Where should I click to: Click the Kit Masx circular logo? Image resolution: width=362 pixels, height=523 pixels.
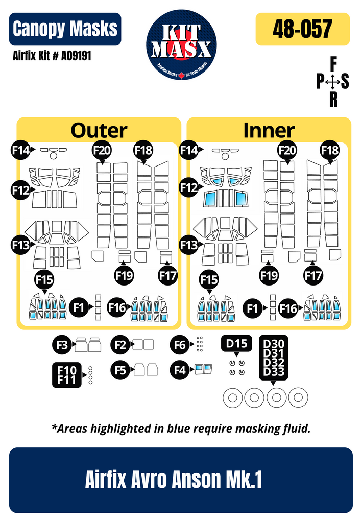point(181,45)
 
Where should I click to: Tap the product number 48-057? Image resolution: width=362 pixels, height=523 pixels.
point(302,29)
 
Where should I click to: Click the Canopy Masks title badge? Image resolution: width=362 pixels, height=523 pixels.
point(65,29)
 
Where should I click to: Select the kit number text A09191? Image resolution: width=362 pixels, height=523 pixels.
point(76,55)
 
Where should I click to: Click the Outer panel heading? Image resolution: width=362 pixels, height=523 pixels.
point(99,130)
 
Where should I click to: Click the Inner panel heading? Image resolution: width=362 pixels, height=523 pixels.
point(269,130)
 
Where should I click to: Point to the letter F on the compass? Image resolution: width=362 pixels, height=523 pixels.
point(333,64)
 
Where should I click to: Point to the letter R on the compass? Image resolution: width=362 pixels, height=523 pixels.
point(333,99)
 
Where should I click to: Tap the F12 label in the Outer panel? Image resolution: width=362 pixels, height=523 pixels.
point(20,190)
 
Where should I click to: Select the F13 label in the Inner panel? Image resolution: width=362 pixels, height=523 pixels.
point(189,245)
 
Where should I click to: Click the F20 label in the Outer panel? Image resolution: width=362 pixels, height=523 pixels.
point(102,151)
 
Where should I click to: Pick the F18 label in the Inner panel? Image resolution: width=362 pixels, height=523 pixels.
point(330,151)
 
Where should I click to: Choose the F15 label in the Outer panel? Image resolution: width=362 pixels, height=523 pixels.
point(44,279)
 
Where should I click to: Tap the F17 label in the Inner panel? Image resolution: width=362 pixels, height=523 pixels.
point(313,275)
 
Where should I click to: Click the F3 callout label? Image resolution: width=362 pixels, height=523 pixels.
point(62,345)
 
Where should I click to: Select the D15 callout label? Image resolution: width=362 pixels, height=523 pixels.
point(236,343)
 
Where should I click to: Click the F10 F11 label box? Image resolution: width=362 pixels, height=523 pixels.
point(67,375)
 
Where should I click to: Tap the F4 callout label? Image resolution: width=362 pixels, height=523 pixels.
point(180,370)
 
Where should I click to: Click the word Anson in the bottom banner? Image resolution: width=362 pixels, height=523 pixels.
point(197,479)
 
